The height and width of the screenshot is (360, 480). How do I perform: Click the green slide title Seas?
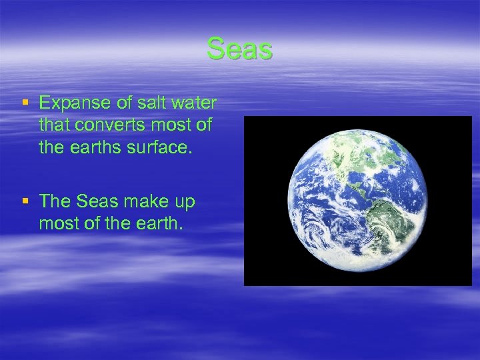239,49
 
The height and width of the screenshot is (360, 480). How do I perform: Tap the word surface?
161,147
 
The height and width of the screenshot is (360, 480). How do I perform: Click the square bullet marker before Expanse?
25,103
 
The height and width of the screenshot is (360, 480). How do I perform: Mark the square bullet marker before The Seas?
25,201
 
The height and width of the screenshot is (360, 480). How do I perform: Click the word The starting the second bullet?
55,201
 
